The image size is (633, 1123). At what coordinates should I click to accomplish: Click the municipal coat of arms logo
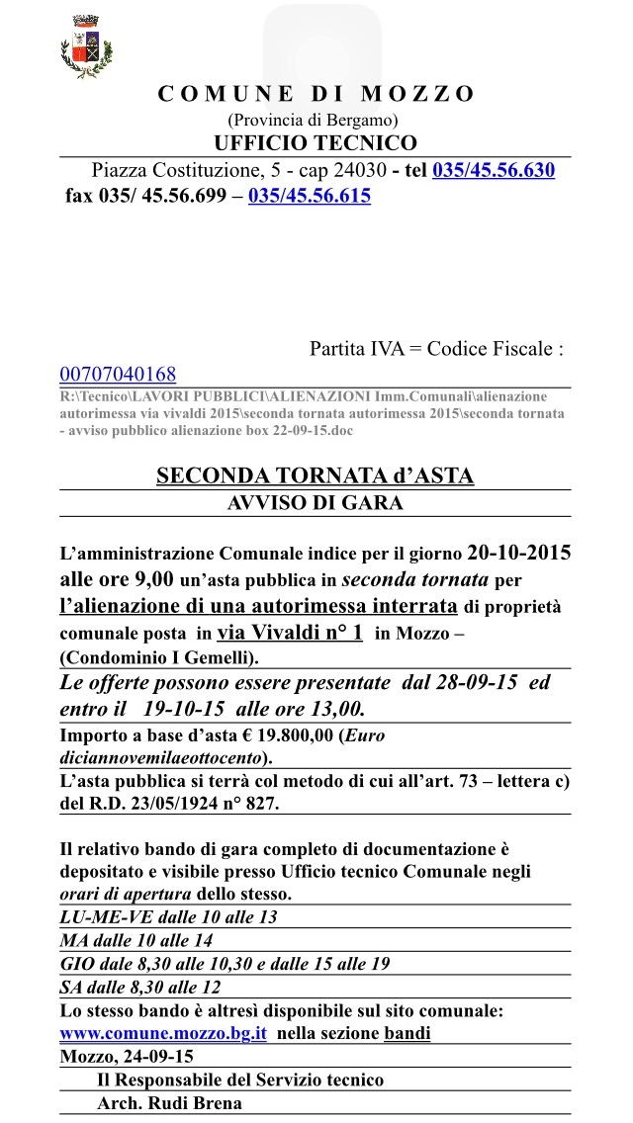click(x=87, y=47)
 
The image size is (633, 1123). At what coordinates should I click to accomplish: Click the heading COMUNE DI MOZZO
click(x=316, y=94)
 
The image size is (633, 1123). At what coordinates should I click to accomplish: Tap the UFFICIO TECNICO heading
click(x=316, y=143)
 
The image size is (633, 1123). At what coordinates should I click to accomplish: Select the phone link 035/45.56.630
click(x=494, y=170)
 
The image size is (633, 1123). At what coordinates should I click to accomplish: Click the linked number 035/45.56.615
click(x=310, y=196)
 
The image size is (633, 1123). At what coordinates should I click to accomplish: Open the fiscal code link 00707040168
click(x=118, y=374)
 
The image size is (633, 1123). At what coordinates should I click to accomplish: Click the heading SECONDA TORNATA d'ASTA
click(x=316, y=476)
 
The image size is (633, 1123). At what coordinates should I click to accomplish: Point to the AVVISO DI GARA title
click(x=316, y=502)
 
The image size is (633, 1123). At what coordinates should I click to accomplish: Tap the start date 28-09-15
click(x=471, y=682)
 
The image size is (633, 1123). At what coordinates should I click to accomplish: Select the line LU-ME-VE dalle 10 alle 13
click(x=168, y=916)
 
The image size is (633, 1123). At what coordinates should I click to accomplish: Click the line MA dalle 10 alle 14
click(x=136, y=940)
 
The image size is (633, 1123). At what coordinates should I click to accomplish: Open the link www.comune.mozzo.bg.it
click(x=163, y=1034)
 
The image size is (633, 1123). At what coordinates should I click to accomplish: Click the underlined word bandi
click(x=407, y=1034)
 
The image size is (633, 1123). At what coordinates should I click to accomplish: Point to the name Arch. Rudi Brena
click(x=169, y=1103)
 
